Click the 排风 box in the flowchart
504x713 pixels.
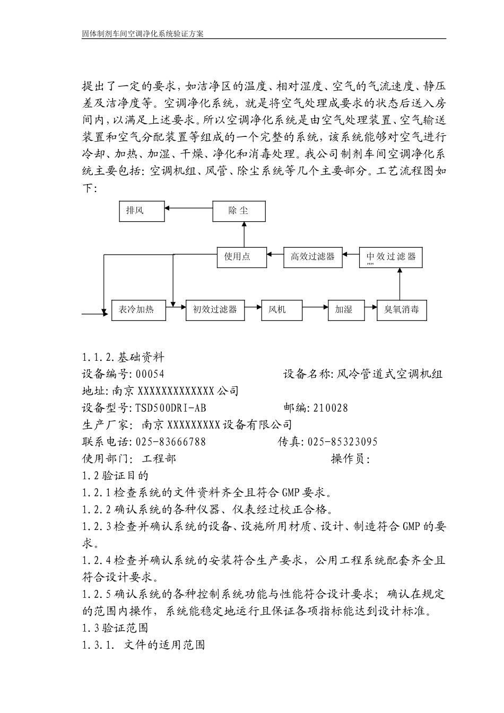(x=142, y=211)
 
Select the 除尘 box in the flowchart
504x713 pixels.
(x=238, y=211)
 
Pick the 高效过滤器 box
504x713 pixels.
(x=313, y=257)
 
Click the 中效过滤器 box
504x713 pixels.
(x=392, y=257)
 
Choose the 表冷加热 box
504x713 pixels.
(x=138, y=309)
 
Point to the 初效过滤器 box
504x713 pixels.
(x=215, y=309)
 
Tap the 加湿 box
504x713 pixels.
(x=346, y=309)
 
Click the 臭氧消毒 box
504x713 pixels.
(x=402, y=309)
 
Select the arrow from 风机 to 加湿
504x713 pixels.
(x=315, y=307)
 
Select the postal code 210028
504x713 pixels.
(x=331, y=408)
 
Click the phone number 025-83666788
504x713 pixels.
(x=171, y=442)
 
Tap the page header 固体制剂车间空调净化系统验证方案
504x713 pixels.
(x=143, y=33)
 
